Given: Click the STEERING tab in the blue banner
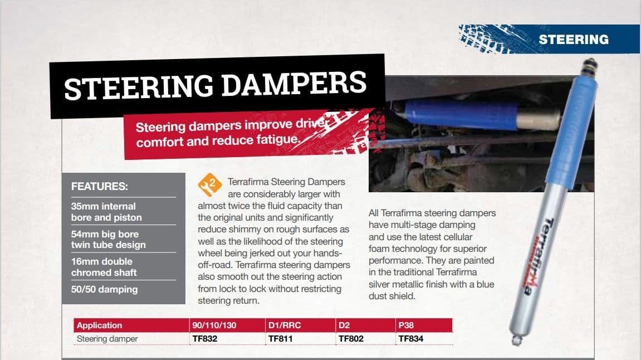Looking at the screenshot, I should [573, 40].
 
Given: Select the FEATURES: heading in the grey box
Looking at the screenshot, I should [100, 187].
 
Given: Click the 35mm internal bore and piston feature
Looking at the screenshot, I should [106, 212].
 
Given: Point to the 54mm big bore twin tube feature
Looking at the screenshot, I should [108, 239].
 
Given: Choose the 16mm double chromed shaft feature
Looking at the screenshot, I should [104, 267].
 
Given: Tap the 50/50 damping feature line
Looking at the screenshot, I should [104, 289].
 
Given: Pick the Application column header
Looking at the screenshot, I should [99, 325].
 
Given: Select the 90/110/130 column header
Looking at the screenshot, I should [214, 325].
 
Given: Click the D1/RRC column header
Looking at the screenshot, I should [285, 325].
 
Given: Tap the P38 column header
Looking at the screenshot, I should [406, 325].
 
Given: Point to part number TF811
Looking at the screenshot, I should [281, 339].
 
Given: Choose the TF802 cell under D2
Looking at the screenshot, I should [351, 339].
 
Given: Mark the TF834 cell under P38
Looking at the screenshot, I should [412, 339].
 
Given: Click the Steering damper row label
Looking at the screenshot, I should [107, 339].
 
